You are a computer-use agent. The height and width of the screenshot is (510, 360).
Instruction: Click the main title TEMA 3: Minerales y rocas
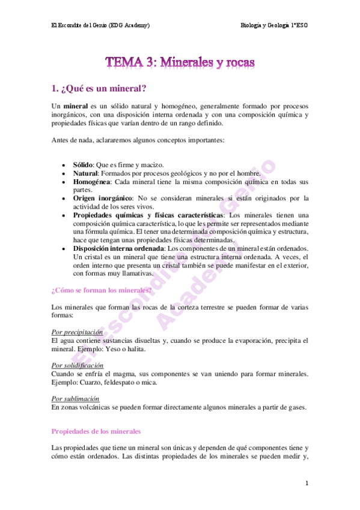pyautogui.click(x=180, y=61)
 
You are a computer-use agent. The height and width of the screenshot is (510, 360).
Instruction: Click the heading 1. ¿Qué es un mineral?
pyautogui.click(x=99, y=89)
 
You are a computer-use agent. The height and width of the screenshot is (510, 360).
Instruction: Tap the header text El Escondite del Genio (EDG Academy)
pyautogui.click(x=100, y=25)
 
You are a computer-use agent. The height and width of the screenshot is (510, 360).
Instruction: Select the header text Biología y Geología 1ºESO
pyautogui.click(x=273, y=25)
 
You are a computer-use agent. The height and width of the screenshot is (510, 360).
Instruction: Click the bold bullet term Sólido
pyautogui.click(x=84, y=164)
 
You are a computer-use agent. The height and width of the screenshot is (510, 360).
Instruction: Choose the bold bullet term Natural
pyautogui.click(x=86, y=173)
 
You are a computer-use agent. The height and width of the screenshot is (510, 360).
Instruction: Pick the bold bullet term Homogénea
pyautogui.click(x=91, y=181)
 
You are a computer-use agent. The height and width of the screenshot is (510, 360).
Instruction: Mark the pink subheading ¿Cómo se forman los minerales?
pyautogui.click(x=102, y=289)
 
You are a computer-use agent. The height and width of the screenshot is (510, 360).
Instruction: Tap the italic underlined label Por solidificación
pyautogui.click(x=78, y=365)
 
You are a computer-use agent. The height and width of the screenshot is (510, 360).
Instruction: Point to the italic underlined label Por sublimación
pyautogui.click(x=75, y=399)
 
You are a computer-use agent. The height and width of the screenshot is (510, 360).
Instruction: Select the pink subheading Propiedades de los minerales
pyautogui.click(x=96, y=431)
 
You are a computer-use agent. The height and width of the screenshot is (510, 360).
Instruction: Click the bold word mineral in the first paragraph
pyautogui.click(x=72, y=106)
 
